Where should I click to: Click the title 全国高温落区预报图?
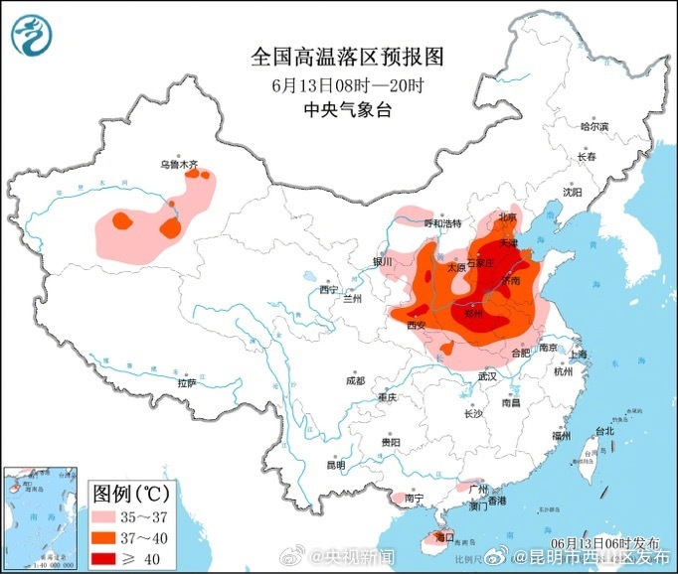click(x=347, y=57)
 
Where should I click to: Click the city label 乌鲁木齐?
click(x=180, y=164)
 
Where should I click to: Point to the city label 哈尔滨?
click(x=593, y=126)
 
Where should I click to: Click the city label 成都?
click(x=355, y=380)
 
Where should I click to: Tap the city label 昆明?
click(x=335, y=465)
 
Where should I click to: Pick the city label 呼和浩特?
click(x=444, y=223)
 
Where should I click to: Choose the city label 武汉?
click(x=486, y=377)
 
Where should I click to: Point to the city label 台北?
click(x=604, y=431)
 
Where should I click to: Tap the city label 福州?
click(x=563, y=436)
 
